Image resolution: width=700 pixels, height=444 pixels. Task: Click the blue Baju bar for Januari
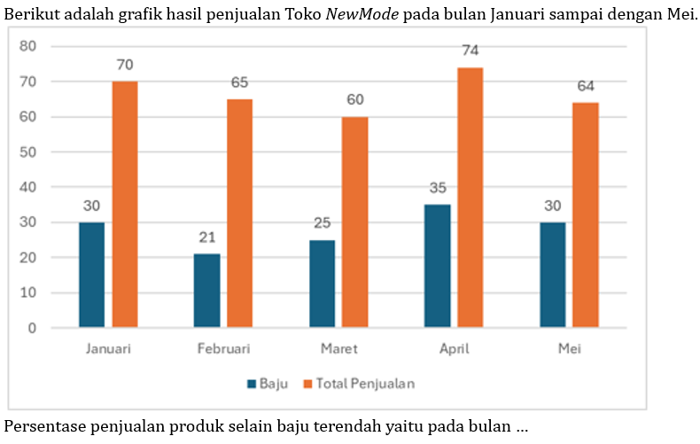click(91, 275)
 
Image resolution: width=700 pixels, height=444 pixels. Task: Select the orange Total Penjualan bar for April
click(470, 198)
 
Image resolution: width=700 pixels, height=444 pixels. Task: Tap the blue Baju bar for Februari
click(206, 291)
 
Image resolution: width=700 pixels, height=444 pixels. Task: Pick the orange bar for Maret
click(354, 222)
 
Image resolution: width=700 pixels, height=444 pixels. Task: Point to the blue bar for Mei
click(552, 275)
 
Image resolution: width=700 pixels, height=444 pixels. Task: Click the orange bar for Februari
click(239, 214)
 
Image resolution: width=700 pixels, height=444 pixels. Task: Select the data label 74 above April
click(471, 51)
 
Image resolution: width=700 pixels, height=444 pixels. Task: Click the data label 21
click(206, 238)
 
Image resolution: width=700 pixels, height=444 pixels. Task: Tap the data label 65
click(239, 82)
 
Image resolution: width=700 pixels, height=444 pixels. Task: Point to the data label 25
click(322, 223)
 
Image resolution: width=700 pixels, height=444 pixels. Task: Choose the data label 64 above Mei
click(586, 86)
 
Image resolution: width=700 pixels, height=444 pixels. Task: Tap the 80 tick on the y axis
click(29, 46)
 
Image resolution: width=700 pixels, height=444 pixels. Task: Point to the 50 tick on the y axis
click(29, 152)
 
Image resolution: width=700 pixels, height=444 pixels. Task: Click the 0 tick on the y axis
click(33, 328)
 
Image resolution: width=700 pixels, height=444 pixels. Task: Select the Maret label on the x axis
click(339, 349)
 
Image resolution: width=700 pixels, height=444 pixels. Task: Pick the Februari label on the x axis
click(223, 349)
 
